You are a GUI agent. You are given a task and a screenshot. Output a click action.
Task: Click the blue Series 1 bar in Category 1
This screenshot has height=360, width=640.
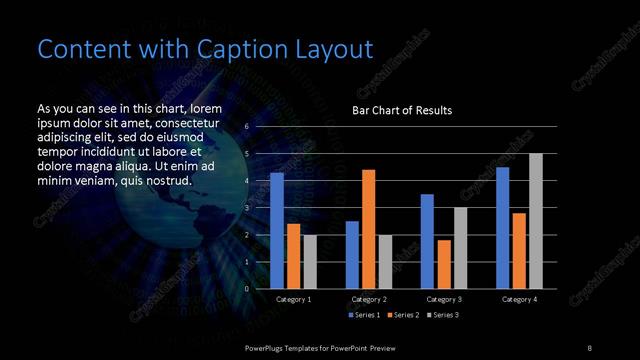coord(277,231)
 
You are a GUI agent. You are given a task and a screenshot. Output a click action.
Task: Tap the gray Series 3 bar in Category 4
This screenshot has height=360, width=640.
coord(536,221)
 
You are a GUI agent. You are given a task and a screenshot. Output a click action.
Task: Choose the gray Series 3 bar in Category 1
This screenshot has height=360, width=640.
coord(310,262)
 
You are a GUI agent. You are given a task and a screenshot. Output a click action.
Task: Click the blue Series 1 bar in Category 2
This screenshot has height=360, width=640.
coord(352,255)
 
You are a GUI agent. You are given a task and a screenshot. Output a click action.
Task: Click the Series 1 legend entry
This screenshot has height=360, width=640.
coord(364,315)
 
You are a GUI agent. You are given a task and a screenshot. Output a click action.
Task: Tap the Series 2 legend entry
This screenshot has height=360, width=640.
coord(403,315)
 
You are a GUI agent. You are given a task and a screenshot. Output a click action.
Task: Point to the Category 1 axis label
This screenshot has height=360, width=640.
coord(293,299)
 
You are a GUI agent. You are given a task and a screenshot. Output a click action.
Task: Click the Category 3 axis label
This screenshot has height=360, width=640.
coord(444,299)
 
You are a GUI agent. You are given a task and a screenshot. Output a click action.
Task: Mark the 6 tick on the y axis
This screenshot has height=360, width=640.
coord(247,128)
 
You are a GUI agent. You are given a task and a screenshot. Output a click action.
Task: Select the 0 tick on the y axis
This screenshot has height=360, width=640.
coord(247,289)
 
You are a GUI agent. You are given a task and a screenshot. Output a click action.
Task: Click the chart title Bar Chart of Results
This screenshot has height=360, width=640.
coord(402,110)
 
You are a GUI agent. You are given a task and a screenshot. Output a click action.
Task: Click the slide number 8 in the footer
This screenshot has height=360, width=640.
coord(590,347)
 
